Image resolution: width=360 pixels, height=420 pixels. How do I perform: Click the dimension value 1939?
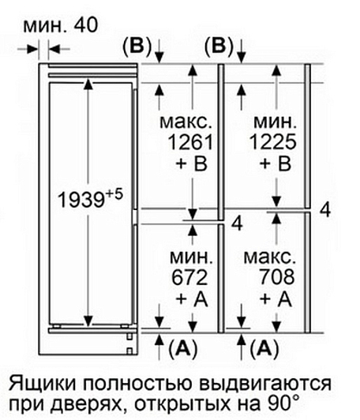click(x=81, y=200)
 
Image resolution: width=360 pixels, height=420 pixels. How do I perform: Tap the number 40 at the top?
click(x=85, y=25)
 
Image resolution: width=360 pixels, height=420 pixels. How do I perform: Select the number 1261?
click(x=190, y=141)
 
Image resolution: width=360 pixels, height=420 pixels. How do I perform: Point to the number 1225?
click(x=273, y=141)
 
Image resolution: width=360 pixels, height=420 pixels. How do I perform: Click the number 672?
click(x=189, y=277)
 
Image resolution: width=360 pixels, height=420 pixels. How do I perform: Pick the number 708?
click(x=276, y=277)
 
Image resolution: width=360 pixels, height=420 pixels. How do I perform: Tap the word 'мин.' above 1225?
click(x=275, y=122)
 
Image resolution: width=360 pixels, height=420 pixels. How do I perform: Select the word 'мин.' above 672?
click(x=191, y=257)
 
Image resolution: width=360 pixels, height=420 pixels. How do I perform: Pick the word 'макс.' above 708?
click(x=270, y=257)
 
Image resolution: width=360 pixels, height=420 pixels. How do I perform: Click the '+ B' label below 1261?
click(x=192, y=163)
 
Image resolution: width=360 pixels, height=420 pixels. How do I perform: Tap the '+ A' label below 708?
click(x=276, y=298)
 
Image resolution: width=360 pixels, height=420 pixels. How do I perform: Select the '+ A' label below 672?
click(x=192, y=298)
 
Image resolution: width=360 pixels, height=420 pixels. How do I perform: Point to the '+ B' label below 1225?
click(x=276, y=163)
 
